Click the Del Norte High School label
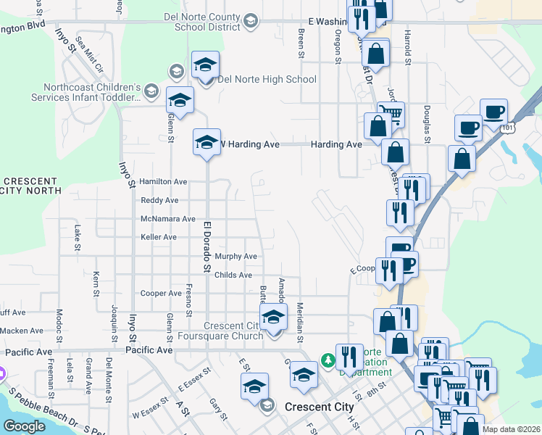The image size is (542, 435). [x=267, y=79]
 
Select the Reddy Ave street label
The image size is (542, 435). [x=159, y=200]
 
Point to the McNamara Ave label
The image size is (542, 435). [x=168, y=219]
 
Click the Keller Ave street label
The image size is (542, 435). [x=159, y=237]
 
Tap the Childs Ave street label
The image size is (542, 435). [x=233, y=275]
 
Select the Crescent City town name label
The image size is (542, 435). [x=320, y=407]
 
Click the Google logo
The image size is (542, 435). [x=25, y=426]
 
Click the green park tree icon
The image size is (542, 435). [x=328, y=360]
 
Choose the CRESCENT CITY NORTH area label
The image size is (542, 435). [x=29, y=186]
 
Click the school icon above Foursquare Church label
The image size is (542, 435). [x=273, y=316]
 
